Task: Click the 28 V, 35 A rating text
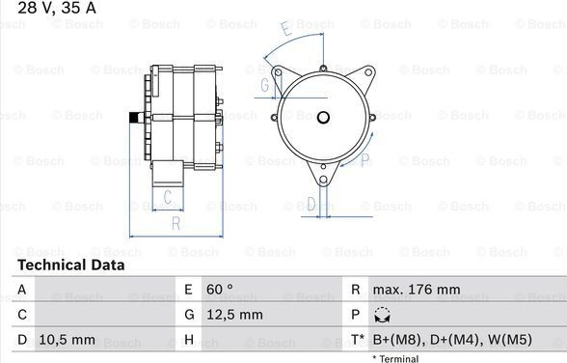point(57,7)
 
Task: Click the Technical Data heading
point(71,265)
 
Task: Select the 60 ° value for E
point(220,290)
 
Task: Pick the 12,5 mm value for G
point(234,315)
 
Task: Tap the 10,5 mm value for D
point(67,340)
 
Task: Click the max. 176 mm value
point(417,290)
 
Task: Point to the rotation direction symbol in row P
point(382,315)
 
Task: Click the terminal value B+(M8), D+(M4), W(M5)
point(452,340)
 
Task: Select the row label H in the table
point(189,340)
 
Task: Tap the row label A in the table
point(22,290)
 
